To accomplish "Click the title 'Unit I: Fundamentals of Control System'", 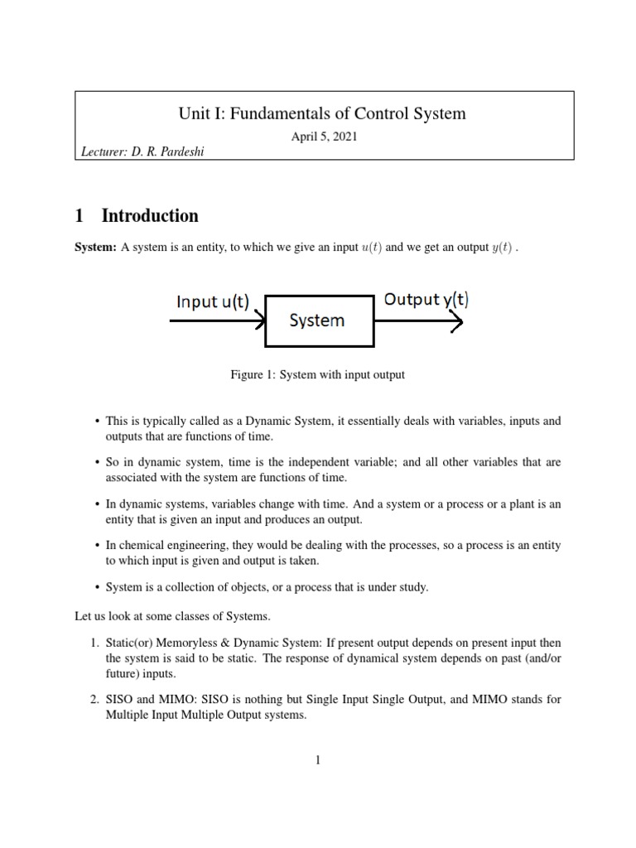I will pyautogui.click(x=323, y=113).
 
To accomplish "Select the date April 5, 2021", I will pyautogui.click(x=323, y=137).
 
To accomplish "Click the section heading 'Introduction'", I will pyautogui.click(x=149, y=216).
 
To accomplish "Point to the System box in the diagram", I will pyautogui.click(x=316, y=320).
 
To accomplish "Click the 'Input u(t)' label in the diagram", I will pyautogui.click(x=212, y=301).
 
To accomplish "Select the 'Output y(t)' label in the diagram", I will pyautogui.click(x=426, y=300).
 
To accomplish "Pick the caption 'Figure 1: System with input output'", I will pyautogui.click(x=317, y=375).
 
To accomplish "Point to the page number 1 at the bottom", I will pyautogui.click(x=317, y=760).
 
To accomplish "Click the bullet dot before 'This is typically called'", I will pyautogui.click(x=98, y=422).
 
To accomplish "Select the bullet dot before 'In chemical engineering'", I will pyautogui.click(x=98, y=546).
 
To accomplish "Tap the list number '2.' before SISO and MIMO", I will pyautogui.click(x=94, y=700).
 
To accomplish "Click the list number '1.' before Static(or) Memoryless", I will pyautogui.click(x=94, y=643).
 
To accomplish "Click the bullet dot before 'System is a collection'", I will pyautogui.click(x=98, y=588).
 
